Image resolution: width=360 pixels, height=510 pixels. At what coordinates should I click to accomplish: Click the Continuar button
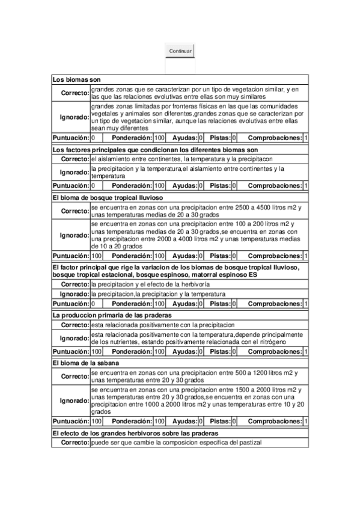click(180, 51)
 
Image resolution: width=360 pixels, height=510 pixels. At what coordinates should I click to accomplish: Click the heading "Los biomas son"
click(76, 79)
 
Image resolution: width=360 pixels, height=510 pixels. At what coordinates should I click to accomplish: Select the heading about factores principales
click(155, 149)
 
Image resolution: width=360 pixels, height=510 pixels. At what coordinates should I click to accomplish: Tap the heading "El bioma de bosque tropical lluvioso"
click(108, 197)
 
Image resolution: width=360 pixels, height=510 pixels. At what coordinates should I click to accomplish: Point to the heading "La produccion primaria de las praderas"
click(112, 315)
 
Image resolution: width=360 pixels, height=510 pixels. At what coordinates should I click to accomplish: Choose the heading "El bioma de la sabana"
click(86, 363)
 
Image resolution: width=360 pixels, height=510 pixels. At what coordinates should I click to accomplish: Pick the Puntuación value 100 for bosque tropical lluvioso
click(96, 256)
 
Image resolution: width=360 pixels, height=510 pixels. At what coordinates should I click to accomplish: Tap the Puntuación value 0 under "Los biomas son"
click(93, 138)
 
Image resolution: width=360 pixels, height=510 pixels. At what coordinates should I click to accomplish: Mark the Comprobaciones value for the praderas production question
click(306, 351)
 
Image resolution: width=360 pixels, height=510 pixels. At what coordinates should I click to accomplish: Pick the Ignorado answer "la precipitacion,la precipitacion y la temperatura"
click(158, 294)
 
